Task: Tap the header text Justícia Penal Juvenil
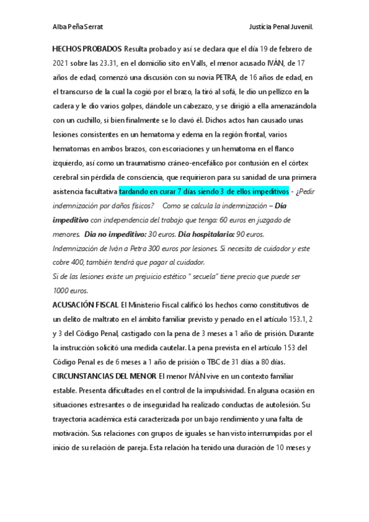point(281,27)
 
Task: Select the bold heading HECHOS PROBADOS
point(86,48)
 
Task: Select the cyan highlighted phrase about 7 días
point(203,191)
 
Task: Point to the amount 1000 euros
point(71,291)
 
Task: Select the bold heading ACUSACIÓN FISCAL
point(85,305)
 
